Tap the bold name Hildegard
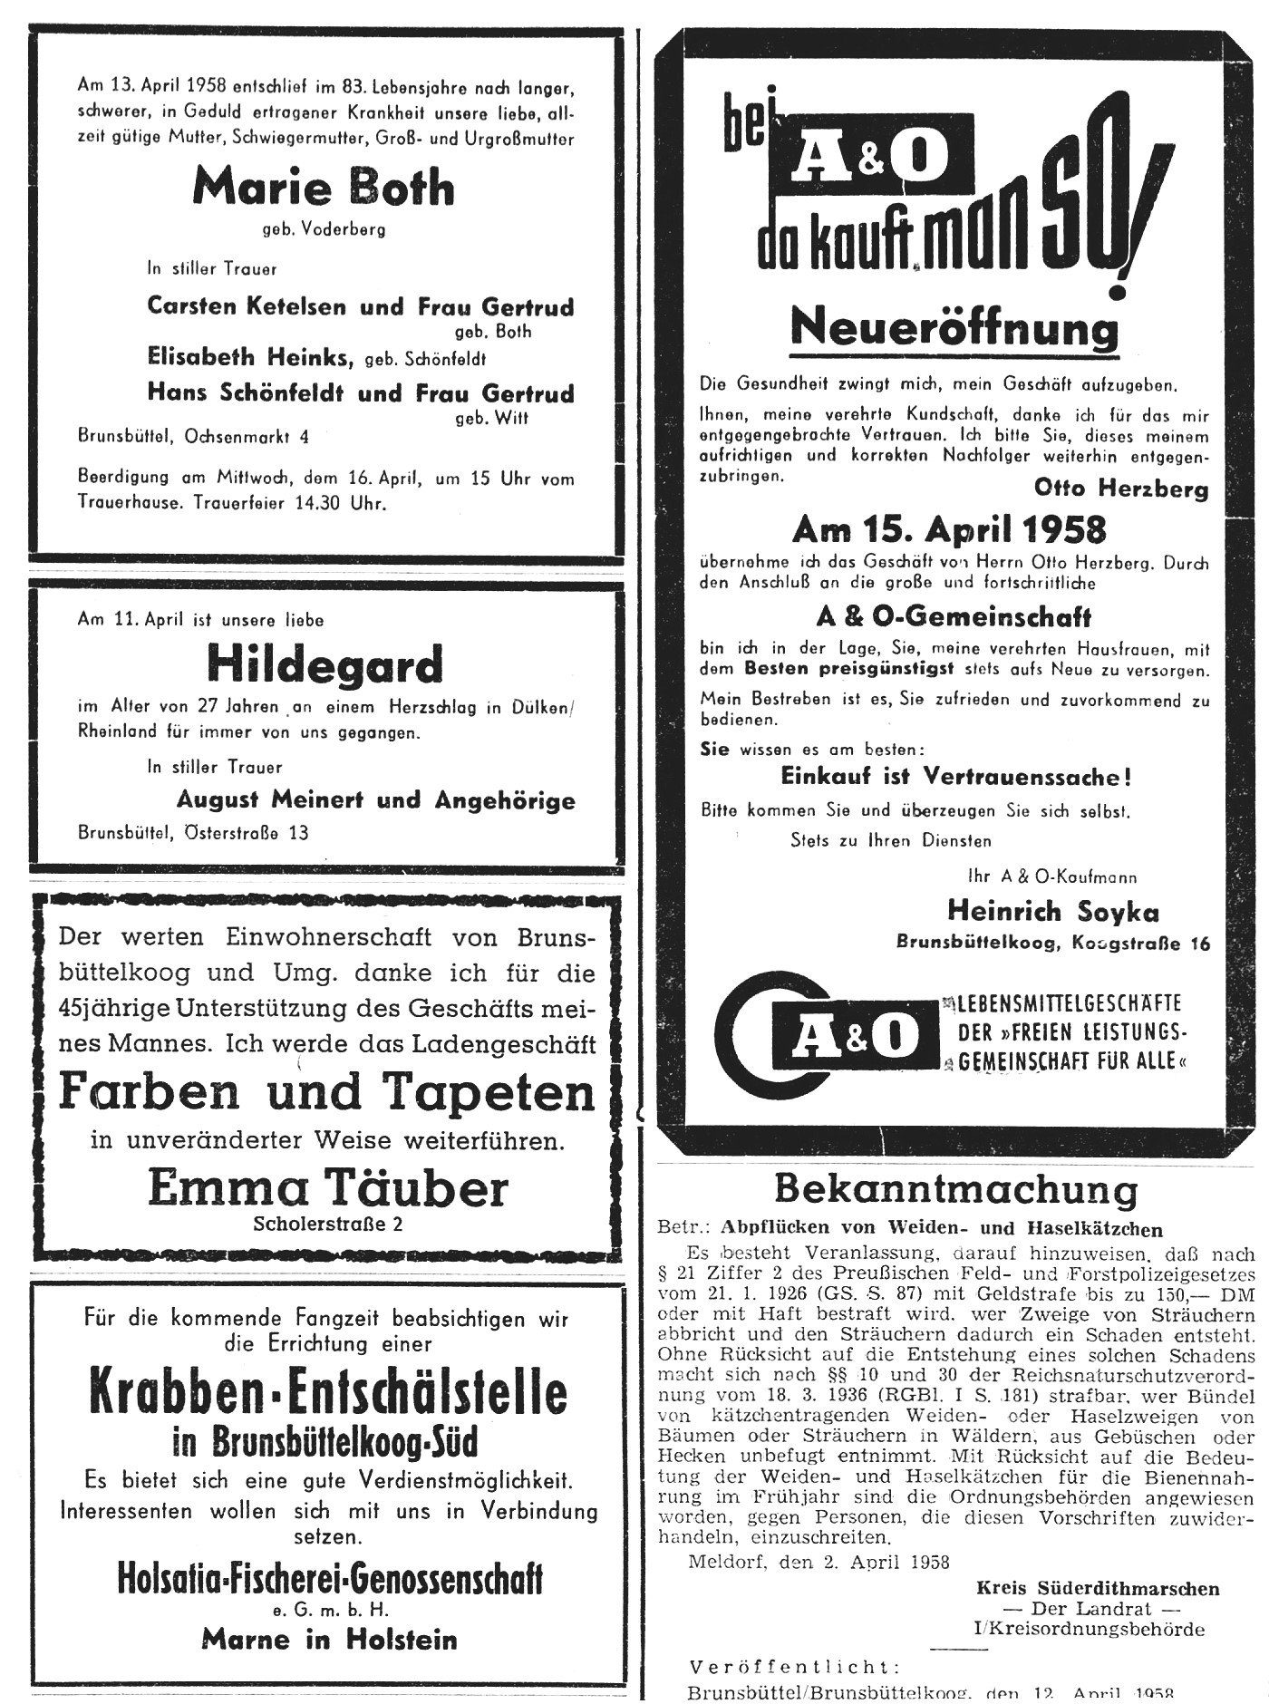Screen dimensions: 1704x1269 [325, 664]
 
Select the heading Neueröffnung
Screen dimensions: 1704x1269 [954, 328]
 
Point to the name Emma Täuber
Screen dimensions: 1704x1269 [328, 1187]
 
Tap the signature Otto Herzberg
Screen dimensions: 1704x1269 [1120, 489]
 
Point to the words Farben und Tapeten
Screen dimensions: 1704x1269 [327, 1092]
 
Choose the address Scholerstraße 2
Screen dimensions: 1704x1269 [328, 1225]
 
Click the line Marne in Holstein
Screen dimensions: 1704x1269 [329, 1639]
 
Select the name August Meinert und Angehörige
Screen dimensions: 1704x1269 [375, 800]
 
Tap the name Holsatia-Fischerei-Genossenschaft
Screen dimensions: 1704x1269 [330, 1580]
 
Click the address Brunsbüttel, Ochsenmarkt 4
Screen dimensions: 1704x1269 [193, 436]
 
